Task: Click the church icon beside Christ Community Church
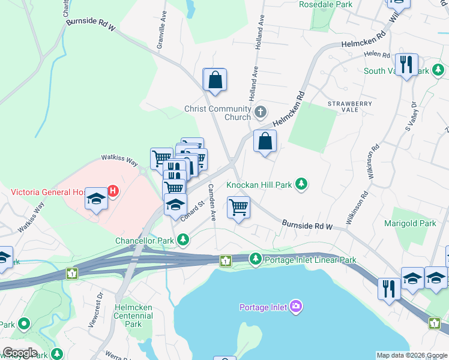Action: coord(261,111)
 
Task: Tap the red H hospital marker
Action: coord(112,192)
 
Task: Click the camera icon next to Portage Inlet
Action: coord(295,307)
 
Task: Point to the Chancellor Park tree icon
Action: coord(183,241)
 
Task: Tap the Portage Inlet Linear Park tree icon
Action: coord(256,259)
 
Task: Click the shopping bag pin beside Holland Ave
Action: coord(215,80)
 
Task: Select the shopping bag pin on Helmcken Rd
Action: coord(265,142)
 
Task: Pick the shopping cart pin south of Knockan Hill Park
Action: coord(238,208)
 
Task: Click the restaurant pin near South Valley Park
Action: coord(406,64)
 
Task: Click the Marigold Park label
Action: coord(410,223)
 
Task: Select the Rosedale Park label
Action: coord(325,4)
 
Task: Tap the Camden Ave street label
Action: coord(211,202)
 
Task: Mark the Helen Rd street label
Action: coord(378,54)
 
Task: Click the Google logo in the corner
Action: coord(20,353)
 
